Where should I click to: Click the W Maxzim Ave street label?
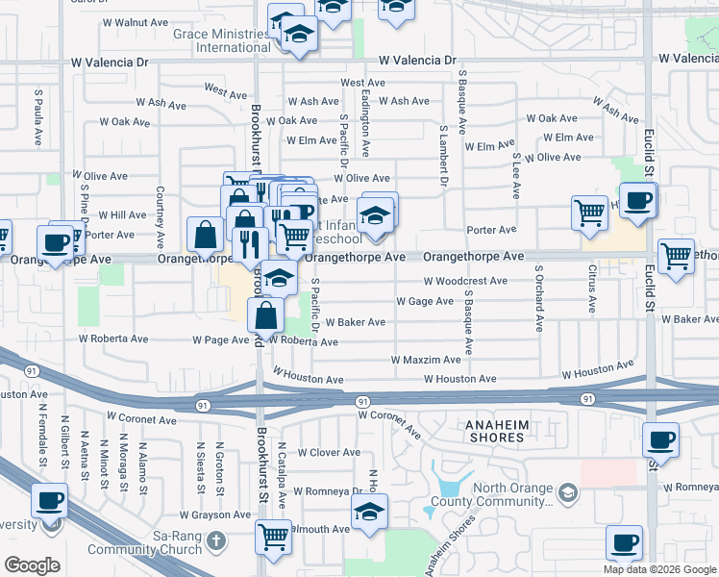[x=426, y=360]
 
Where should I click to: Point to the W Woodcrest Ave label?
[x=465, y=282]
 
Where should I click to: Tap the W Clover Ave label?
[x=328, y=452]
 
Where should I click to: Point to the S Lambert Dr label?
[x=443, y=153]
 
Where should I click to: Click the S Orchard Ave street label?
[x=539, y=299]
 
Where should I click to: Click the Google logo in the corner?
[x=33, y=564]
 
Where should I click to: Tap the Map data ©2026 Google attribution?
[x=658, y=569]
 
